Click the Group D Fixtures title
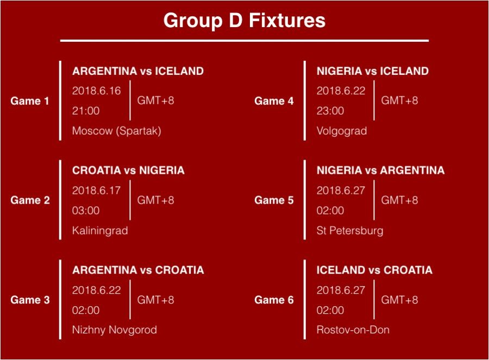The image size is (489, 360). click(x=244, y=21)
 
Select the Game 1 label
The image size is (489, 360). click(x=30, y=100)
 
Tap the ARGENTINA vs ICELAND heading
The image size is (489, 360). click(x=138, y=71)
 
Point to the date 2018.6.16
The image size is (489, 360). click(x=96, y=91)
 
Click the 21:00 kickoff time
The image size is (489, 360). click(x=86, y=111)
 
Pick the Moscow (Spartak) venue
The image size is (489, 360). click(x=117, y=131)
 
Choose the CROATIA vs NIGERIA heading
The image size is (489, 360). click(x=128, y=170)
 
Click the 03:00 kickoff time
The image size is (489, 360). click(x=86, y=210)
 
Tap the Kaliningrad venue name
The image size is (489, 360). click(x=100, y=231)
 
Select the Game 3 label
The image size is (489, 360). click(x=30, y=300)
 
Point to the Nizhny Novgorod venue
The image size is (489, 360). click(x=115, y=330)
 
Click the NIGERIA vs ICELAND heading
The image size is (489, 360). click(x=373, y=71)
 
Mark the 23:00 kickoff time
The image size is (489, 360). click(x=330, y=111)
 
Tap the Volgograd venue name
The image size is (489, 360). click(x=342, y=131)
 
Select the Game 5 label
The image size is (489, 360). click(x=274, y=200)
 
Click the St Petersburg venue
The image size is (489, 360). click(x=350, y=231)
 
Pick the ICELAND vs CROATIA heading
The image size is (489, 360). click(x=374, y=270)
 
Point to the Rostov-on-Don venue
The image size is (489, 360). click(x=353, y=330)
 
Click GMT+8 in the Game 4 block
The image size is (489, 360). click(x=399, y=100)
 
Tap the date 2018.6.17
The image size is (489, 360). click(x=96, y=191)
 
